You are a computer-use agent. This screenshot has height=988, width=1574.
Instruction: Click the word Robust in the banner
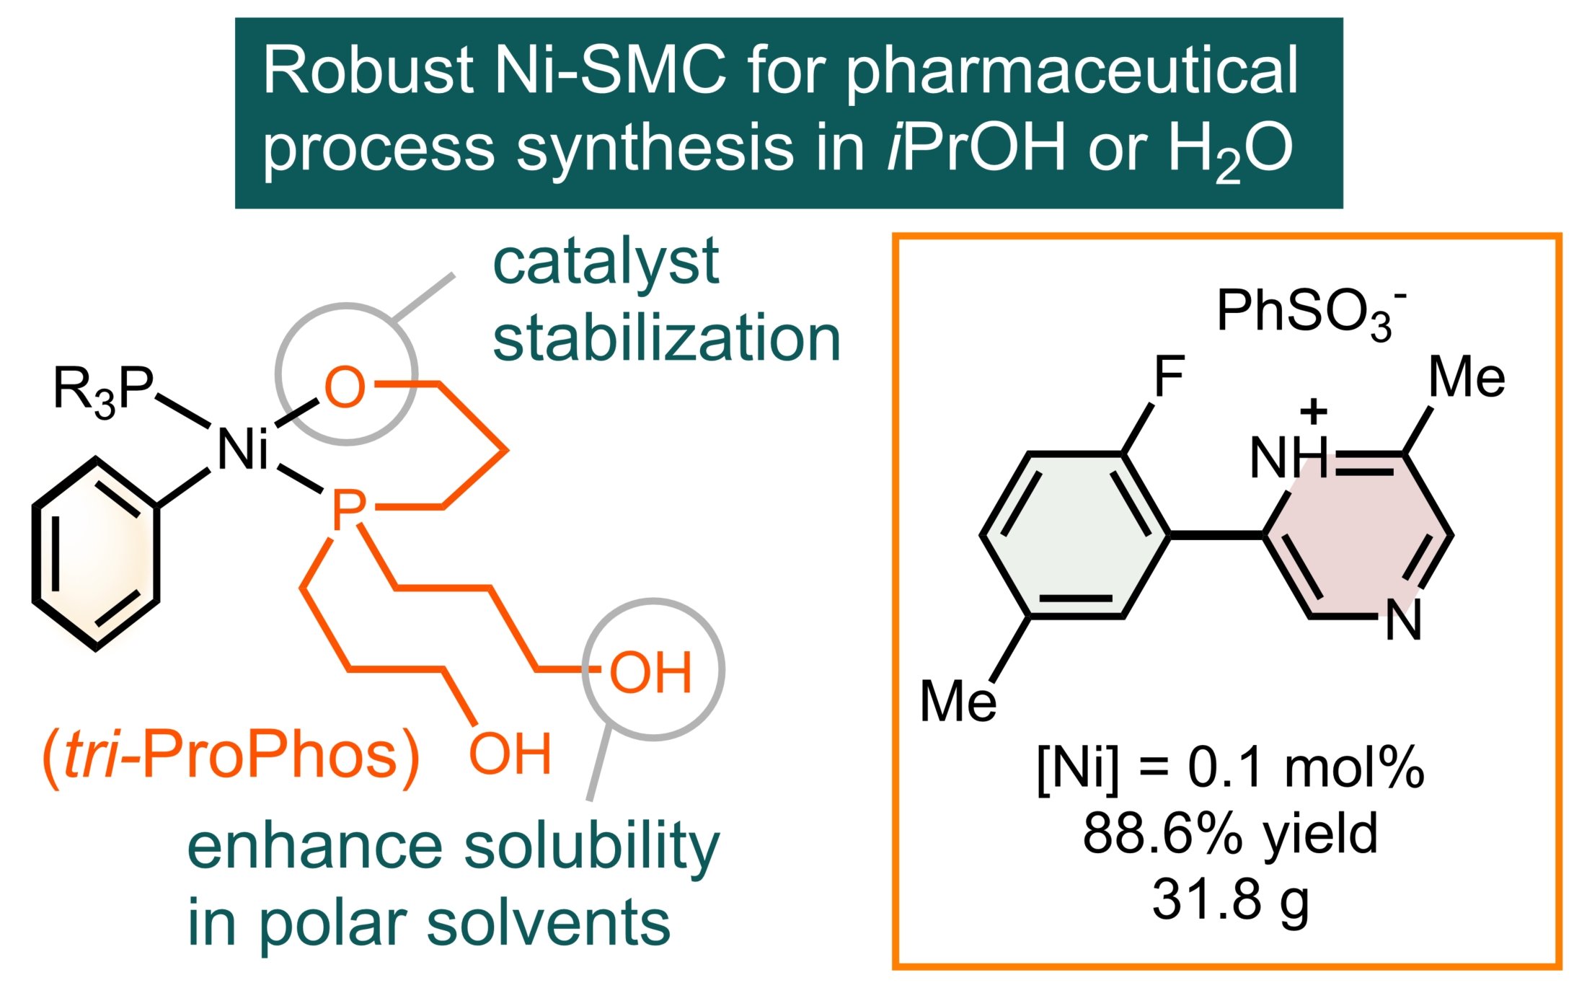click(367, 71)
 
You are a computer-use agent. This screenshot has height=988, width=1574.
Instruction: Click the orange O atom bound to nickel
click(345, 387)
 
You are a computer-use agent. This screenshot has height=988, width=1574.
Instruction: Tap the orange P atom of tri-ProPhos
click(348, 510)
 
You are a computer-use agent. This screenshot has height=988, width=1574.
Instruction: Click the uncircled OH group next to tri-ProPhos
click(510, 754)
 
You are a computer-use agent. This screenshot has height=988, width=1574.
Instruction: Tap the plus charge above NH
click(1313, 412)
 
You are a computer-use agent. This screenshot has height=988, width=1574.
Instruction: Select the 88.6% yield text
click(1230, 834)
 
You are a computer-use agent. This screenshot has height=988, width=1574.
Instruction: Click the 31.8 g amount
click(1230, 899)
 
